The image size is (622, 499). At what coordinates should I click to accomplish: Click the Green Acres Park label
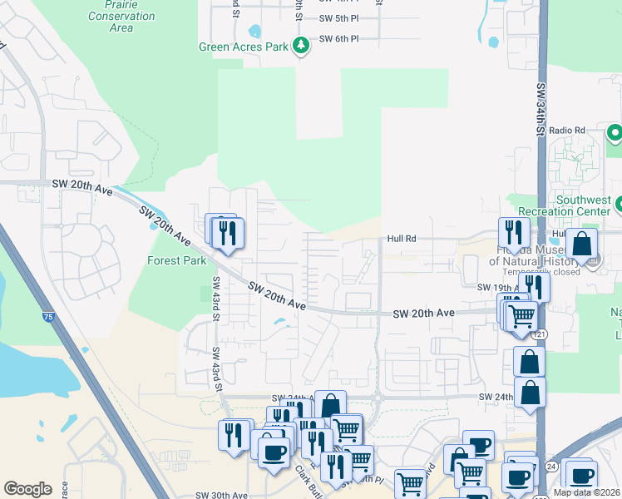click(243, 47)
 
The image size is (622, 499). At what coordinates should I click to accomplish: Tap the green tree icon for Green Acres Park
click(303, 45)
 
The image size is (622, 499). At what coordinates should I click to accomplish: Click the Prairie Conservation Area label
click(121, 17)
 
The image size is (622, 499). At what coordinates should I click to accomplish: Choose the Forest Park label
click(176, 260)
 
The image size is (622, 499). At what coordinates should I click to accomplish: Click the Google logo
click(27, 489)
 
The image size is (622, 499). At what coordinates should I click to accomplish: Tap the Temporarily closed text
click(542, 272)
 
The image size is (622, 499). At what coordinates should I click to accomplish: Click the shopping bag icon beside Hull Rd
click(581, 244)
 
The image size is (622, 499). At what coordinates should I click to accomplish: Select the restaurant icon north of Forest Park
click(226, 234)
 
